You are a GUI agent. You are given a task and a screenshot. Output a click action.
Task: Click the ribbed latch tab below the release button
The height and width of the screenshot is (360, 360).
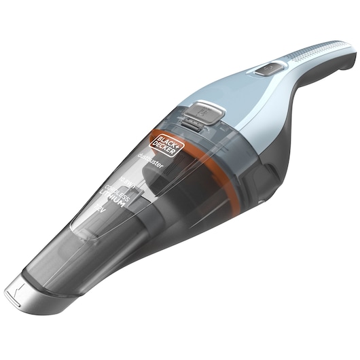194,124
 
